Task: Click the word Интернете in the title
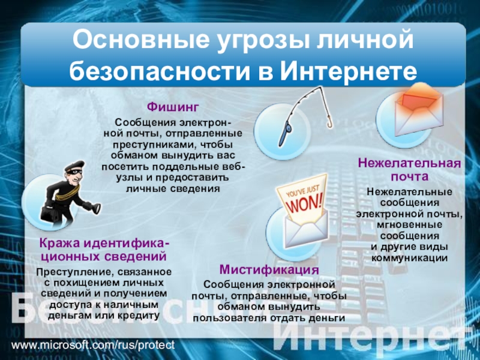click(x=349, y=71)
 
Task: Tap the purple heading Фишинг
click(x=173, y=107)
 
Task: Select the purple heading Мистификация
click(x=269, y=269)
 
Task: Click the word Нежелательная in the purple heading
click(x=409, y=163)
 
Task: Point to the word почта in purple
click(x=409, y=176)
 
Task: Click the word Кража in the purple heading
click(x=59, y=244)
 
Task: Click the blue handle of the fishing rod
click(x=284, y=134)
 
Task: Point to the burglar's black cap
click(x=74, y=166)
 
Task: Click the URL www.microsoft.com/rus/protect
click(x=93, y=345)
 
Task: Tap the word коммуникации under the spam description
click(x=409, y=258)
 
